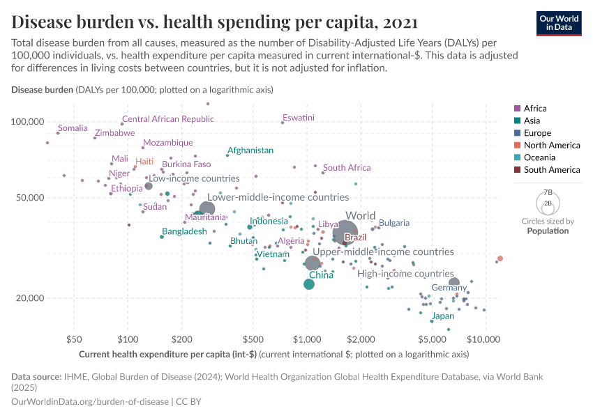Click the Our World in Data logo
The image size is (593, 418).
point(560,23)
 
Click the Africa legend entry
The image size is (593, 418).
point(534,108)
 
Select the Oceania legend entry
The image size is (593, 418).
point(538,157)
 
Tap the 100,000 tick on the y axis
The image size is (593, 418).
point(26,122)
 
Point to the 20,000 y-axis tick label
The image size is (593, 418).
point(28,298)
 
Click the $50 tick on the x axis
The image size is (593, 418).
point(74,340)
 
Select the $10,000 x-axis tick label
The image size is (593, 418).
point(483,340)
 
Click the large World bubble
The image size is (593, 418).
point(345,232)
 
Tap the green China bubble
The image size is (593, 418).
point(309,284)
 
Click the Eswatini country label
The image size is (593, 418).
point(299,117)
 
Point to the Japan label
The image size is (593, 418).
point(442,316)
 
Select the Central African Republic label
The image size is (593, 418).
point(168,119)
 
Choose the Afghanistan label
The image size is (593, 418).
point(250,150)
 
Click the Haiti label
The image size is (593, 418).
point(144,161)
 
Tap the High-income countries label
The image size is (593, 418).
point(405,274)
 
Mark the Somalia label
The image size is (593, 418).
point(73,128)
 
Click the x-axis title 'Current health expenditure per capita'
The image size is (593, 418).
point(168,355)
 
